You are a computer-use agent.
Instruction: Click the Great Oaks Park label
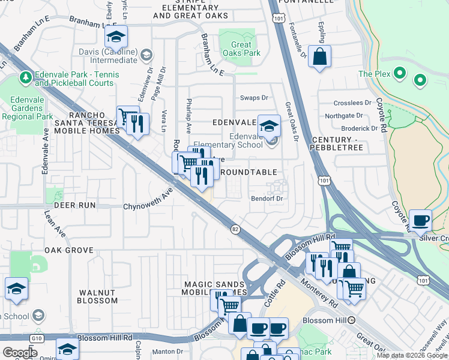242,49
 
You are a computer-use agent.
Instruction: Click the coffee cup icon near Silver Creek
420,220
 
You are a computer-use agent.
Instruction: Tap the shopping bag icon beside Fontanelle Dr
320,57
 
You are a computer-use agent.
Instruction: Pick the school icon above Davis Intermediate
116,37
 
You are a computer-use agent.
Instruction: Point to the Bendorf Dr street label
267,198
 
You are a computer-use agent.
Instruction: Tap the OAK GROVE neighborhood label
69,250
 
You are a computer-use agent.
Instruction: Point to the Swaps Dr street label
254,97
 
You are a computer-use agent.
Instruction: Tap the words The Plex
375,74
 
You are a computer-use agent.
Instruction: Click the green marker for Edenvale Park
25,77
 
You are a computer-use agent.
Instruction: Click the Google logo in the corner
20,353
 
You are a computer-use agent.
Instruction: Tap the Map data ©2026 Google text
411,355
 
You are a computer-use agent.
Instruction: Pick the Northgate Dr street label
343,116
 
